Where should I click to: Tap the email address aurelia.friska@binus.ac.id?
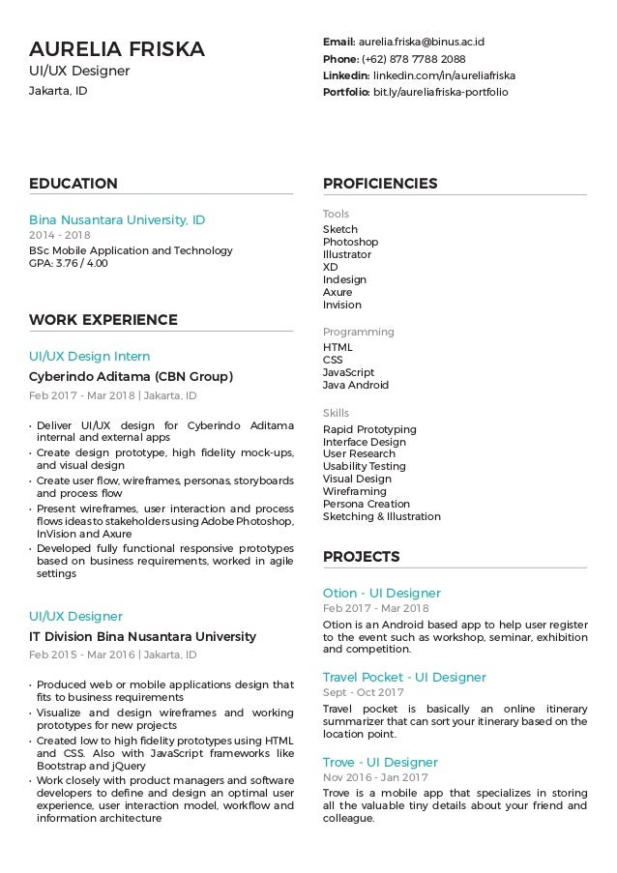pyautogui.click(x=422, y=42)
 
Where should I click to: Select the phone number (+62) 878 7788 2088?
pyautogui.click(x=414, y=59)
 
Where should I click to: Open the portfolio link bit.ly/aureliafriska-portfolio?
pyautogui.click(x=440, y=92)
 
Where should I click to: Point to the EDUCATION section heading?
pyautogui.click(x=73, y=184)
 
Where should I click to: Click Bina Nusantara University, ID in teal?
pyautogui.click(x=117, y=219)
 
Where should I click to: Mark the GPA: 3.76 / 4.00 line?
pyautogui.click(x=69, y=263)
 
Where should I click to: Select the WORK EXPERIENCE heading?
pyautogui.click(x=103, y=320)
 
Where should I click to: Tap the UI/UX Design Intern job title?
pyautogui.click(x=90, y=356)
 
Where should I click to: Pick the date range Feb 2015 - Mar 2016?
pyautogui.click(x=81, y=655)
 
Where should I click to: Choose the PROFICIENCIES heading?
pyautogui.click(x=380, y=184)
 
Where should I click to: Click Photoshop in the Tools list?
pyautogui.click(x=350, y=242)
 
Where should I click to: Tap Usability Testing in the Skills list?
pyautogui.click(x=365, y=466)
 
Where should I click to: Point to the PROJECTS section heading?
pyautogui.click(x=362, y=557)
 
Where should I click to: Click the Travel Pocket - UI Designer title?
pyautogui.click(x=404, y=677)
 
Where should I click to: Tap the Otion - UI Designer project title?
pyautogui.click(x=382, y=593)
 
